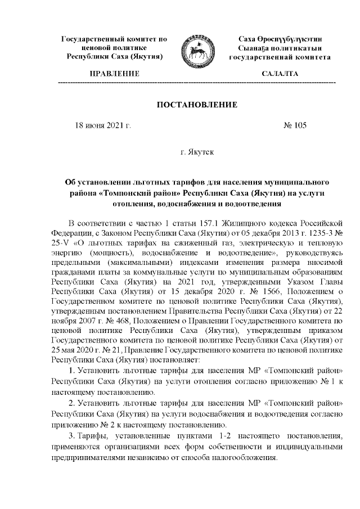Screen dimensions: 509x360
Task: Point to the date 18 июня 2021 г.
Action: pos(103,125)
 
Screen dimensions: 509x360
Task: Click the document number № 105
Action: pos(295,125)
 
